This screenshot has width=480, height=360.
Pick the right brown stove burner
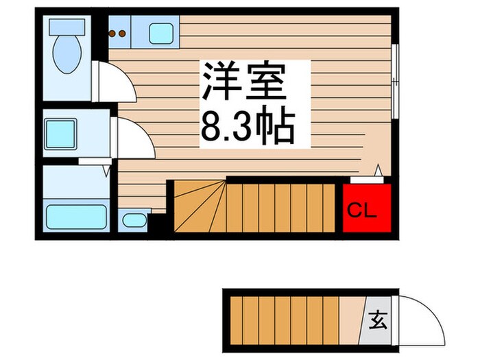(x=123, y=31)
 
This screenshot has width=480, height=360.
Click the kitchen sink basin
(x=161, y=31)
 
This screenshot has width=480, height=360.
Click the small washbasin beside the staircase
(x=132, y=221)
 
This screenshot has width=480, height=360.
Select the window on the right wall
(x=396, y=83)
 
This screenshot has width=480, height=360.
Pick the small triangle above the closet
(x=378, y=170)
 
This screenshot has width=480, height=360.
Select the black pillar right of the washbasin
(x=157, y=223)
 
